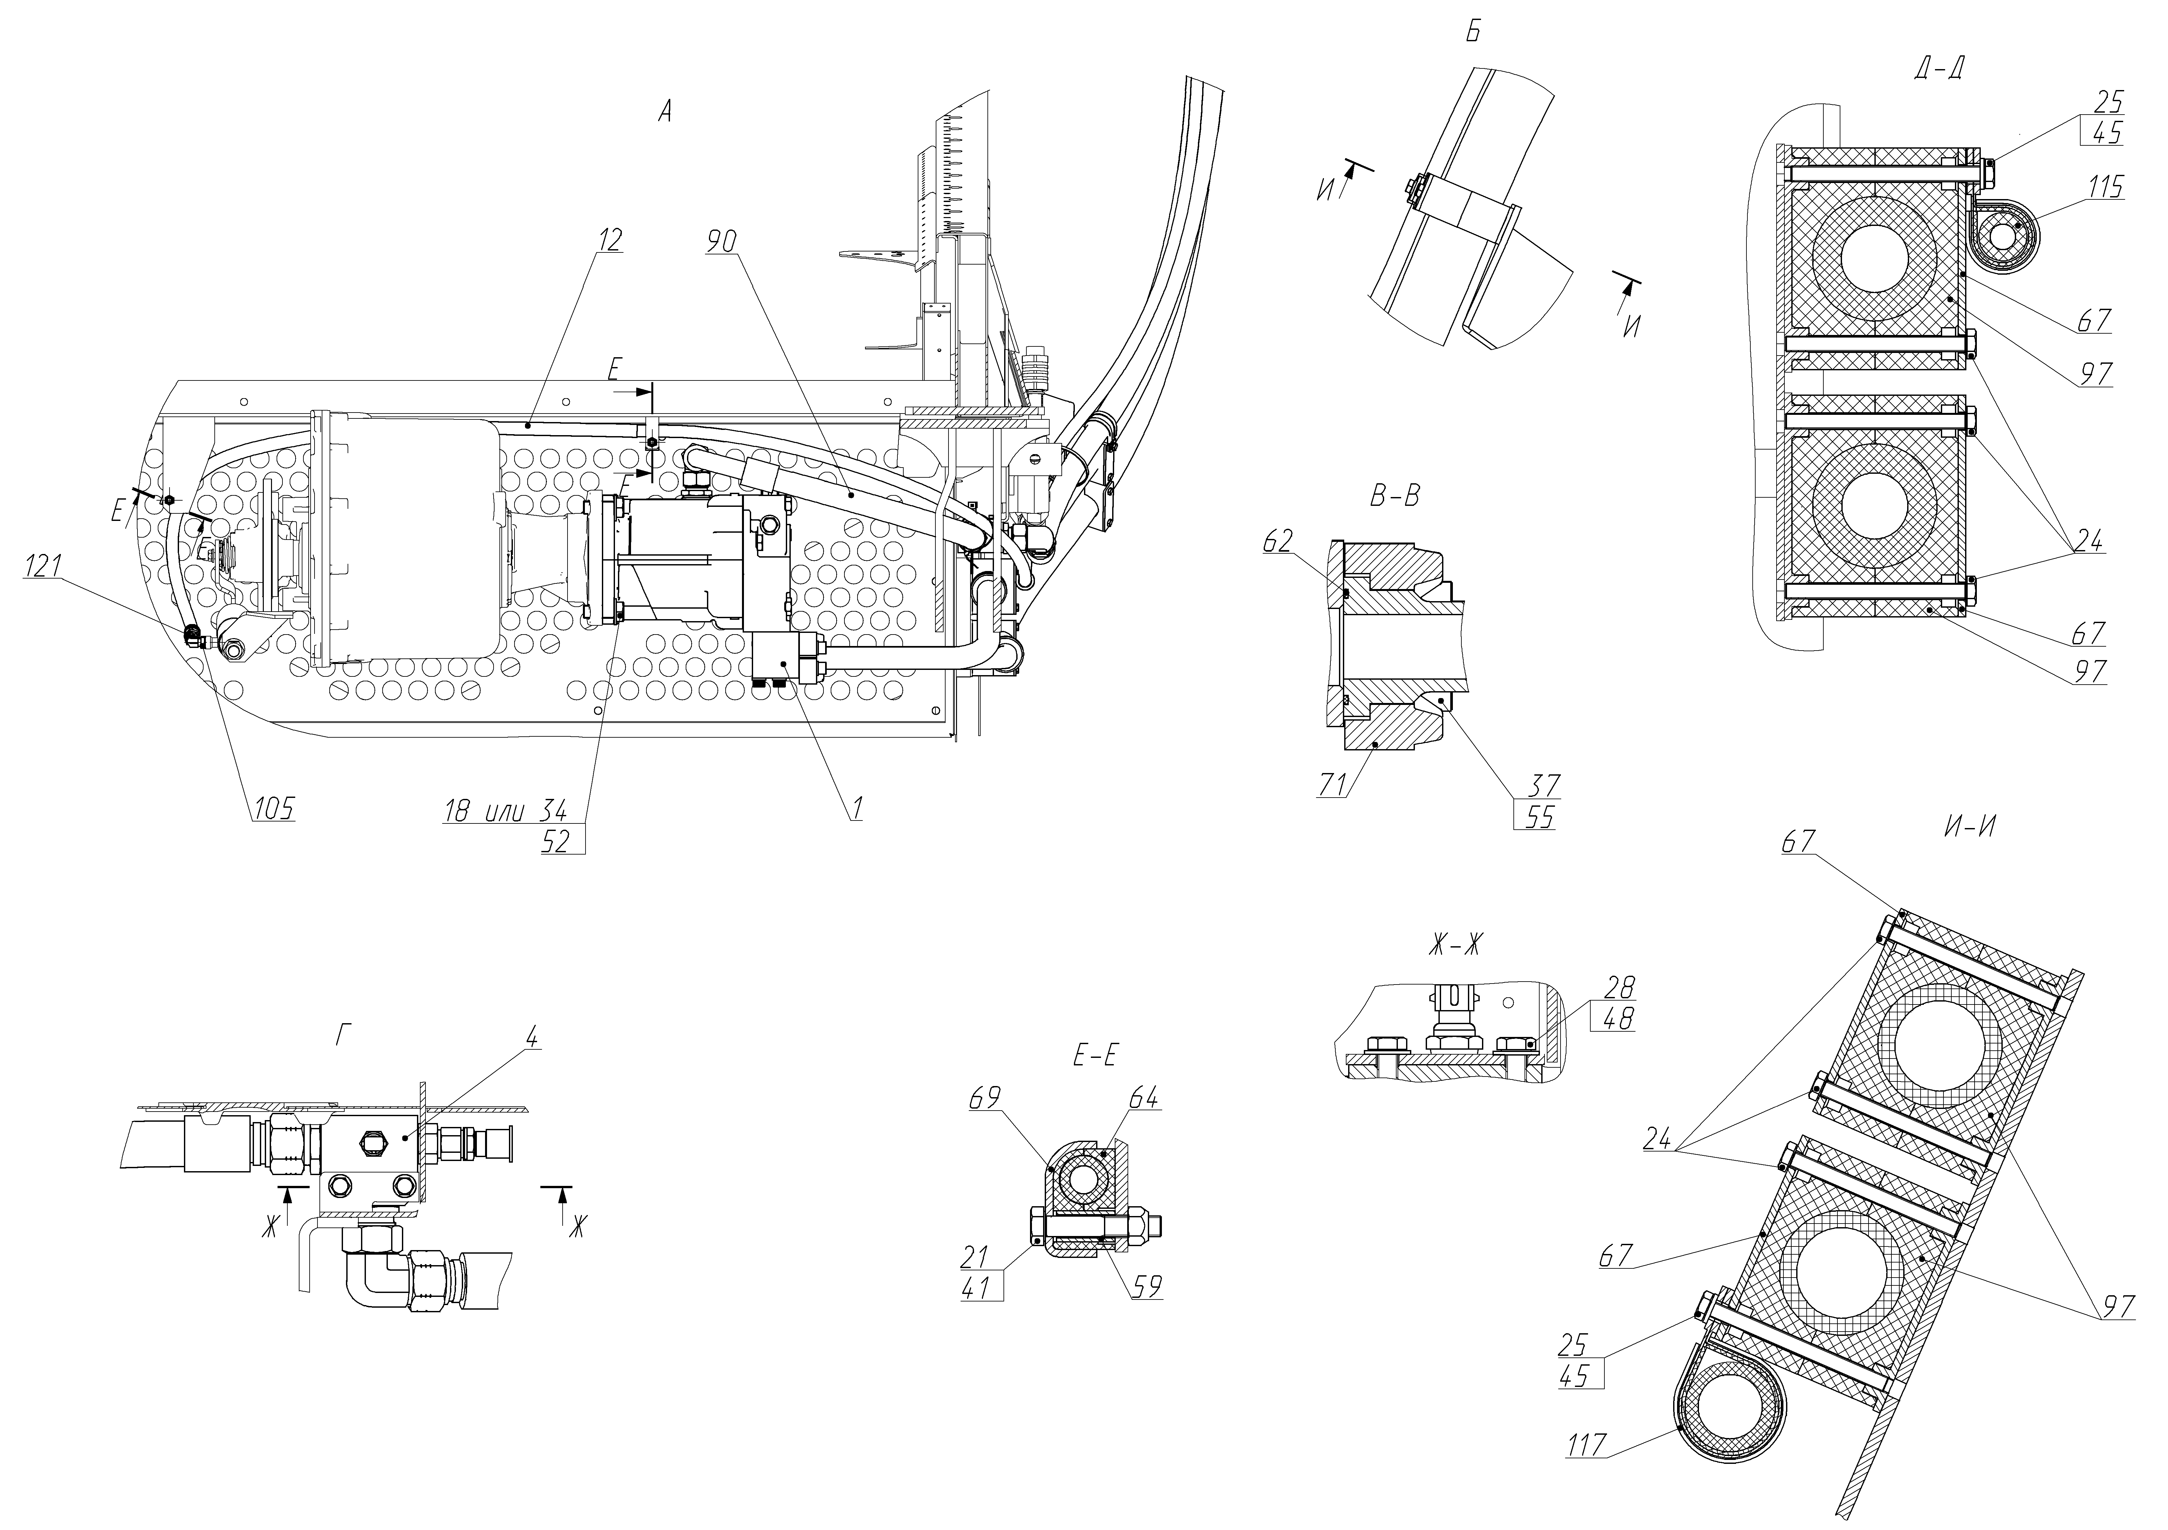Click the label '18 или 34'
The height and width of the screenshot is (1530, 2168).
point(505,810)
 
